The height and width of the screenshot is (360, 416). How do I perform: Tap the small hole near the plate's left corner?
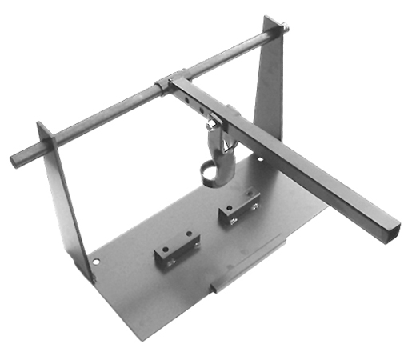97,261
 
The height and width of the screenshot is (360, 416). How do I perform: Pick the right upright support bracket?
270,88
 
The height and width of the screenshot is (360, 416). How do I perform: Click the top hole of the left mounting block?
186,237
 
